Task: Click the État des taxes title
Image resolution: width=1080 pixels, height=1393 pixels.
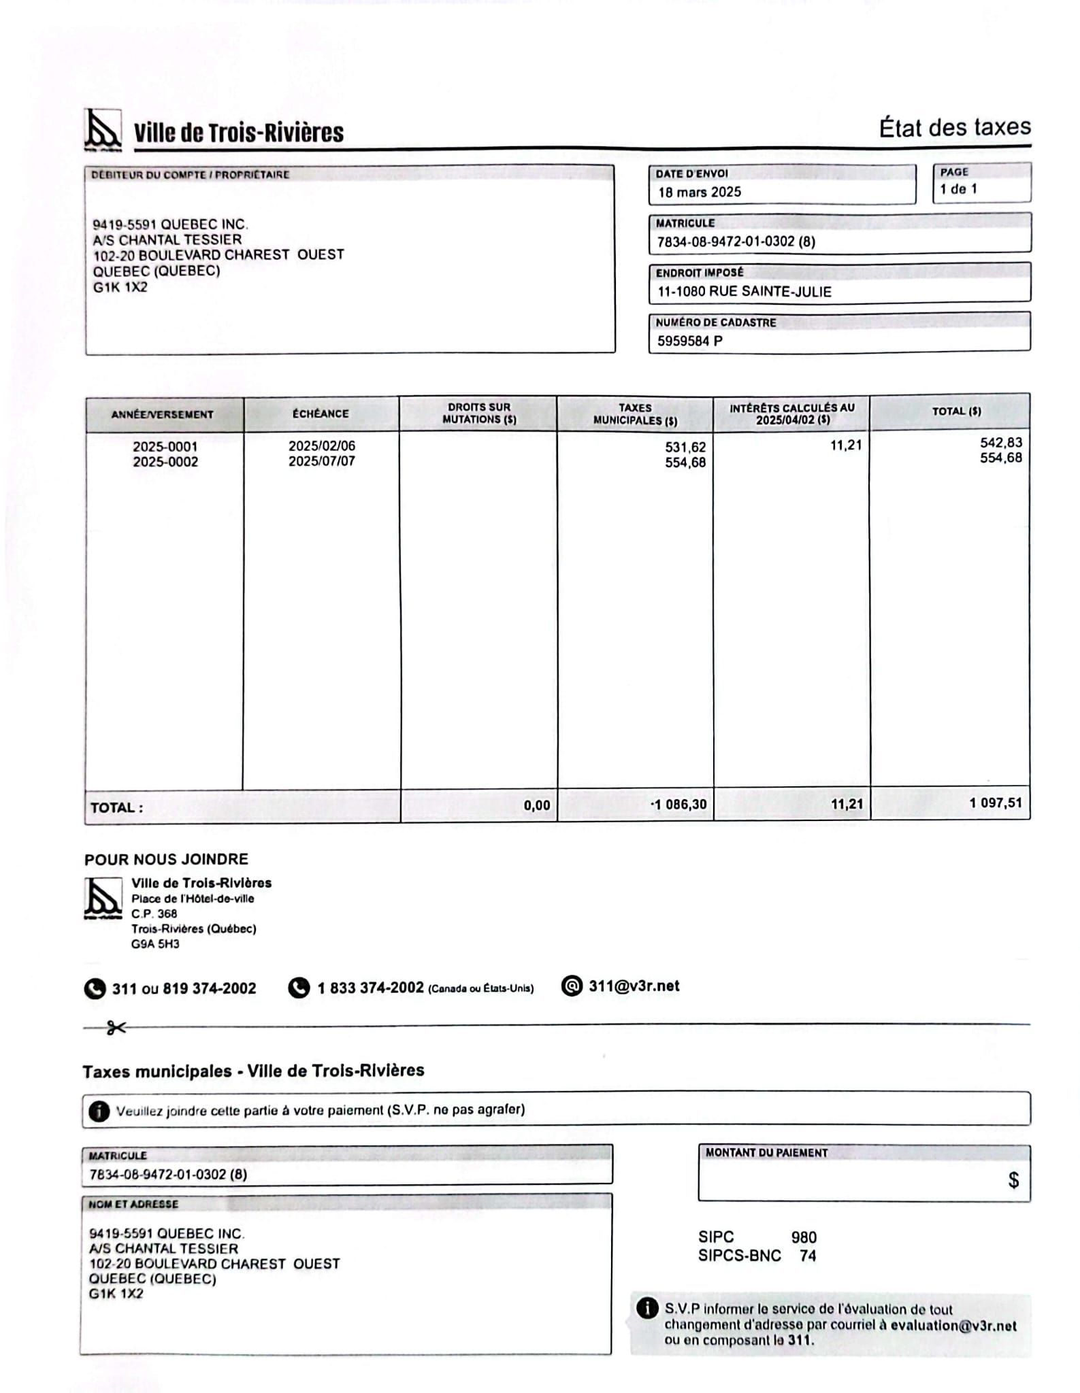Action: pyautogui.click(x=954, y=128)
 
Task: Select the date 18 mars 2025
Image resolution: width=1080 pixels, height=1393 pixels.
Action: pyautogui.click(x=699, y=192)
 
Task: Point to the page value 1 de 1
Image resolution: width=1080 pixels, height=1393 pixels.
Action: pyautogui.click(x=958, y=189)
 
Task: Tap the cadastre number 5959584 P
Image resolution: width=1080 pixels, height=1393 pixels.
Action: pyautogui.click(x=689, y=341)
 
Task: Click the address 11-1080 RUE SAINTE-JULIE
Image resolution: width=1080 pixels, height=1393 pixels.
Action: pyautogui.click(x=744, y=292)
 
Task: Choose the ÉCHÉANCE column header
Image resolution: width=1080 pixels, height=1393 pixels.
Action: pyautogui.click(x=321, y=414)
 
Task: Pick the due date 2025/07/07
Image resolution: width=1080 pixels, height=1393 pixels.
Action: pyautogui.click(x=321, y=461)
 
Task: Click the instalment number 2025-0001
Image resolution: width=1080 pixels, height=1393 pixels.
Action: pyautogui.click(x=165, y=447)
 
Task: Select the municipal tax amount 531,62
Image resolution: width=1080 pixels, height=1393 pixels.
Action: pyautogui.click(x=685, y=447)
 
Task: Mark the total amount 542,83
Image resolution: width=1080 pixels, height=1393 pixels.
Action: pyautogui.click(x=1000, y=443)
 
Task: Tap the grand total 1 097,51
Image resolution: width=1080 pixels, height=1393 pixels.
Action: pyautogui.click(x=995, y=803)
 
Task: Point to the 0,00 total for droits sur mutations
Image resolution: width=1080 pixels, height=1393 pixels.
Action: pyautogui.click(x=536, y=805)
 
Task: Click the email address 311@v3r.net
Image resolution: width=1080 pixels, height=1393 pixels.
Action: pyautogui.click(x=634, y=986)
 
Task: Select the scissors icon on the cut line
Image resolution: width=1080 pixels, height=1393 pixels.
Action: pyautogui.click(x=116, y=1028)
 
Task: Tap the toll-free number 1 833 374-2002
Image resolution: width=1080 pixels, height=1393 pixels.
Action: pyautogui.click(x=370, y=988)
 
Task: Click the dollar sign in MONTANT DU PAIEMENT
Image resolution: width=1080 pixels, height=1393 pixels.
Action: pyautogui.click(x=1013, y=1180)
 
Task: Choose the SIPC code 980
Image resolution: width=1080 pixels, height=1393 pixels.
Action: pyautogui.click(x=803, y=1237)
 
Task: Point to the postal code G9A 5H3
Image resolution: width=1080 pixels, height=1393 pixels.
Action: pyautogui.click(x=155, y=944)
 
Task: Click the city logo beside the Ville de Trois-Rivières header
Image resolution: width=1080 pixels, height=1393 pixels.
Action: pyautogui.click(x=103, y=130)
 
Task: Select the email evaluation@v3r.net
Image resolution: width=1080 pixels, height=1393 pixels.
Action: pyautogui.click(x=953, y=1326)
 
